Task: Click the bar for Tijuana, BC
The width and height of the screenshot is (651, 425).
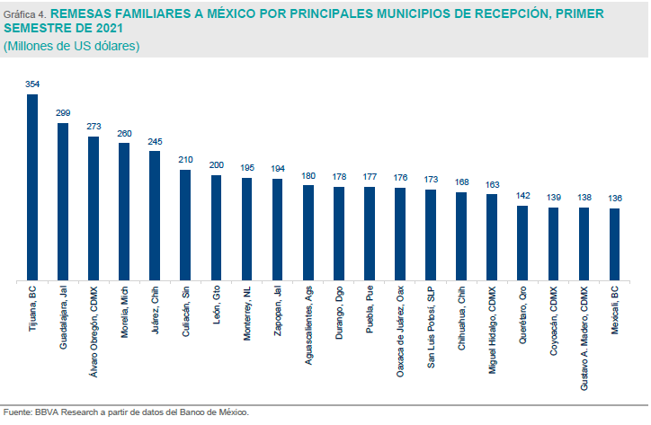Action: pos(32,188)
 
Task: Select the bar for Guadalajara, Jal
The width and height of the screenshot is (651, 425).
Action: pos(63,202)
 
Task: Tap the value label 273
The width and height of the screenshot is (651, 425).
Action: pos(94,127)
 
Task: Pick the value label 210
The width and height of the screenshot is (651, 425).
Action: pos(185,160)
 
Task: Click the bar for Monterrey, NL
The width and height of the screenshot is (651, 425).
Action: pos(246,229)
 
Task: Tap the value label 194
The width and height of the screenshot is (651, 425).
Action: pos(277,169)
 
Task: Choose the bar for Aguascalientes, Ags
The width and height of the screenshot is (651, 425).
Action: pos(308,233)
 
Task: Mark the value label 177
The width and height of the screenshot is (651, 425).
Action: pos(369,177)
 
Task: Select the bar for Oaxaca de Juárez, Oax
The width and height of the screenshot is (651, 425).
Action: pos(399,235)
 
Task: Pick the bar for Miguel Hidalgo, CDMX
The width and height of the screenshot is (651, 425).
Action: pos(491,237)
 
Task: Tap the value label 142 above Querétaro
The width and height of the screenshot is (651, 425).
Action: pos(522,195)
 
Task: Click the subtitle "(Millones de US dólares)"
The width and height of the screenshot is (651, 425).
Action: pos(72,45)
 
